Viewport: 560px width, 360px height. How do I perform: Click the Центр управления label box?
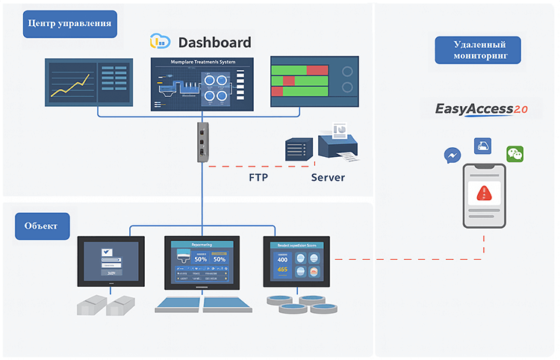(x=69, y=23)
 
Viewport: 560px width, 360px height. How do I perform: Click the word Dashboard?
(x=214, y=43)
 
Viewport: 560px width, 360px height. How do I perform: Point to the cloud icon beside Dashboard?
(x=161, y=42)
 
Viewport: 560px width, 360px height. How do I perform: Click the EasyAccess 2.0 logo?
(x=482, y=110)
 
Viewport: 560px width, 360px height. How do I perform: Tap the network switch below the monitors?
(x=202, y=142)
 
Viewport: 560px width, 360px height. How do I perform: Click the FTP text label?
(x=258, y=178)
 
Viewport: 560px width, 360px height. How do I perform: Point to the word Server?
(x=328, y=178)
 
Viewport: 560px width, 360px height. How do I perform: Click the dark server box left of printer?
(x=299, y=149)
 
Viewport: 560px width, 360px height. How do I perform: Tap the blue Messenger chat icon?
(x=452, y=155)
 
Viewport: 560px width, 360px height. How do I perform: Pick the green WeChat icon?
(x=515, y=154)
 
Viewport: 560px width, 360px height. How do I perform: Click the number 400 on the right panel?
(x=283, y=258)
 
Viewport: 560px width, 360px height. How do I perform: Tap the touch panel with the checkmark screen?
(x=111, y=261)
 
